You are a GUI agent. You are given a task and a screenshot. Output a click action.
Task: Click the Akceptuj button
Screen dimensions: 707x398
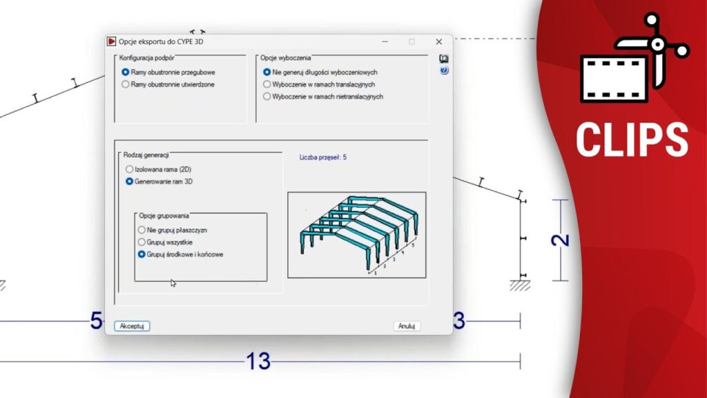pos(132,326)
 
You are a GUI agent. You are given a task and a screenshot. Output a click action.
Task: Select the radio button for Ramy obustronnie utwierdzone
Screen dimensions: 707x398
pos(126,84)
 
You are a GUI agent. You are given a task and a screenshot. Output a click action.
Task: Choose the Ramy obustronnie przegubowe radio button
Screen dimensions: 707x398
pos(126,72)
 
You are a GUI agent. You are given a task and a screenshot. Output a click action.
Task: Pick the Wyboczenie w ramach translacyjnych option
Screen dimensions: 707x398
pos(267,84)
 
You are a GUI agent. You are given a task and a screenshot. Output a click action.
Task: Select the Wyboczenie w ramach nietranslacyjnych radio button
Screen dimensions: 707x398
pos(267,97)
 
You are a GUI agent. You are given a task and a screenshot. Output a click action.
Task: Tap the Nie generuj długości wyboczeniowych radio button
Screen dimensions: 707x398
pos(267,72)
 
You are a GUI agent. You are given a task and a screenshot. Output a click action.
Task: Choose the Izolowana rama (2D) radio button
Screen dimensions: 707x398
pos(129,169)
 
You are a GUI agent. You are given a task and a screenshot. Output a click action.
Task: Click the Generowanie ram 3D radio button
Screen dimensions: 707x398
pos(129,182)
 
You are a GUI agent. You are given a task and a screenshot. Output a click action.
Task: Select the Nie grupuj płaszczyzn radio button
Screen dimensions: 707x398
pos(142,230)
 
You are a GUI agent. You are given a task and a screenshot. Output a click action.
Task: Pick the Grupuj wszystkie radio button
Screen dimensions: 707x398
pos(142,243)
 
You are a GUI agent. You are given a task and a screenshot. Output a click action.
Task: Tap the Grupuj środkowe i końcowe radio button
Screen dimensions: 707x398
pos(142,254)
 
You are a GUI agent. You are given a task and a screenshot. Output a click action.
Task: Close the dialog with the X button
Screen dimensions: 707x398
pos(438,41)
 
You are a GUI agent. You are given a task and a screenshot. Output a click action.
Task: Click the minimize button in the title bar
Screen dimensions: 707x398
pos(385,41)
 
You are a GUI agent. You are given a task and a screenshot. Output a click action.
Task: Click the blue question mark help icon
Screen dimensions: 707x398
pos(444,70)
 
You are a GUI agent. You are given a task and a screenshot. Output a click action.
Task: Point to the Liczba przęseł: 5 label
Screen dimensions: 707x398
pos(323,158)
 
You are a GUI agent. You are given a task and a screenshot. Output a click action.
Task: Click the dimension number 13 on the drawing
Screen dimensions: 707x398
pos(258,361)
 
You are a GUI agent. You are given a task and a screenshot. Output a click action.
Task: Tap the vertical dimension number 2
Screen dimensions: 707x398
pos(561,240)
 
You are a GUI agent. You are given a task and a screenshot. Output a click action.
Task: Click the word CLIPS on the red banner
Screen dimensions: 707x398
pos(632,140)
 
